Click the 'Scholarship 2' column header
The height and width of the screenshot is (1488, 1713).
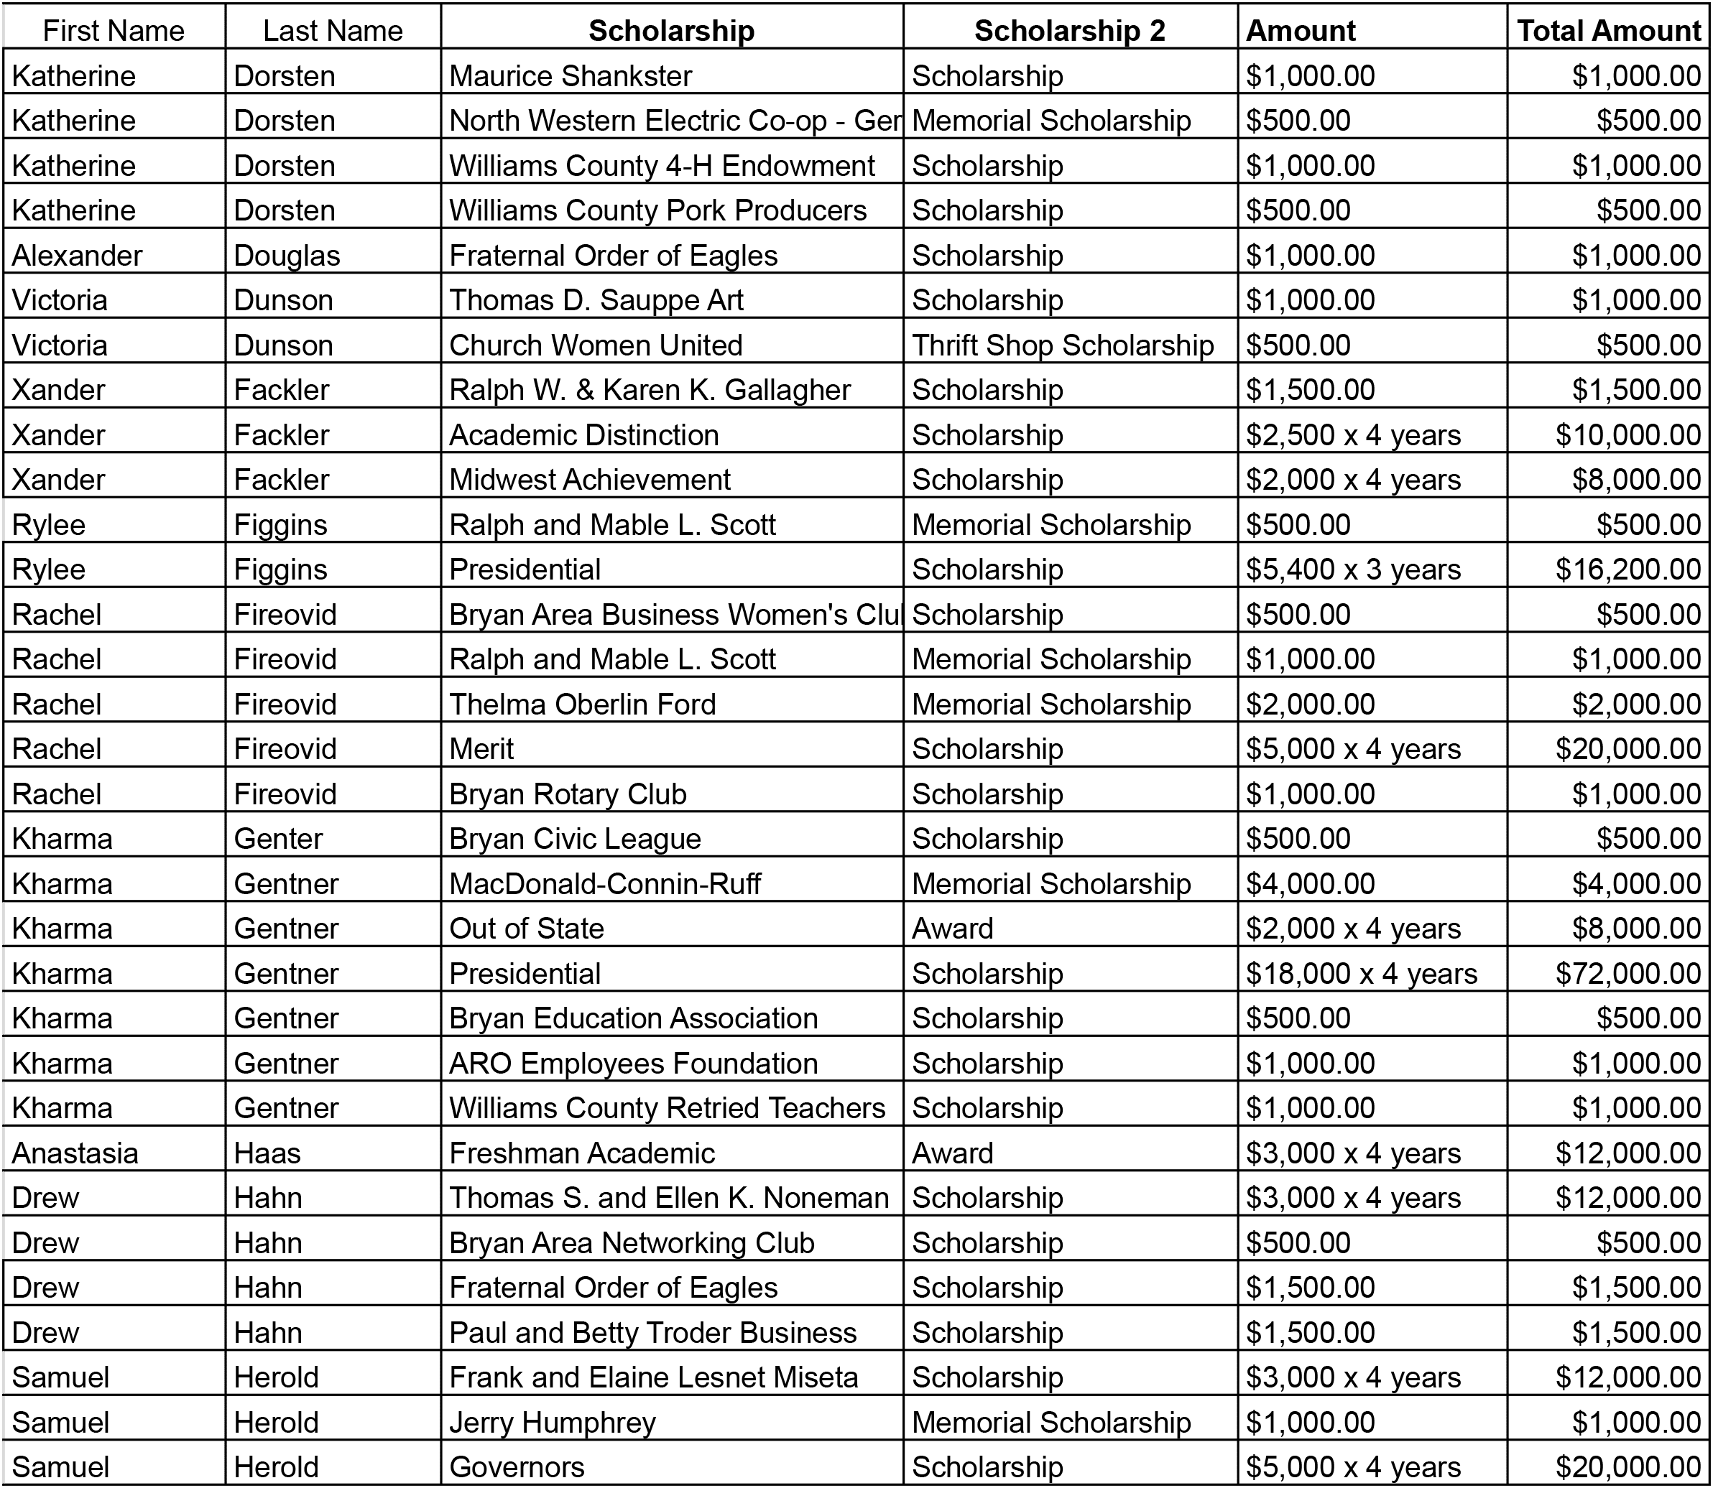point(1069,31)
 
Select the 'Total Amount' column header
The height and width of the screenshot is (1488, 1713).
point(1608,31)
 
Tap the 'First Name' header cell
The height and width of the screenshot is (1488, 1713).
point(114,31)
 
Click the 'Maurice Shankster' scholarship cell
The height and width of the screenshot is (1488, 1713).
point(571,75)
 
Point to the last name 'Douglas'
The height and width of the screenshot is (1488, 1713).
point(287,255)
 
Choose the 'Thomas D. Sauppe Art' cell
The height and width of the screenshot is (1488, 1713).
point(596,299)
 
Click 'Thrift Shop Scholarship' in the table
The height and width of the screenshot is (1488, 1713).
point(1063,345)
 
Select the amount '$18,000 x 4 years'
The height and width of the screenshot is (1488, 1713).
point(1361,973)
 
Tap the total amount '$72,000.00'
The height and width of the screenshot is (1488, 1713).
point(1627,973)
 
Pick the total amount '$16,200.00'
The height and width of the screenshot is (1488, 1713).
point(1627,569)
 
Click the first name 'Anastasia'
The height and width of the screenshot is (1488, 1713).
point(75,1153)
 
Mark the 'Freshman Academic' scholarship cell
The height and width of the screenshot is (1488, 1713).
point(581,1153)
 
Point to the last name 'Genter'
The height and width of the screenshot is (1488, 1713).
point(277,838)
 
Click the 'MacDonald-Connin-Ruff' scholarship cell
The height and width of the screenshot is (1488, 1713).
point(605,883)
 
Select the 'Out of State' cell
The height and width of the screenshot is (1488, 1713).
point(526,929)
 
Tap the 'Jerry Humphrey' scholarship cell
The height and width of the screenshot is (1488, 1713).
point(553,1423)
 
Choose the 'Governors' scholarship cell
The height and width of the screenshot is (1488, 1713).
point(517,1467)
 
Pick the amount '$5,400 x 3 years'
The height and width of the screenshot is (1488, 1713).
point(1352,569)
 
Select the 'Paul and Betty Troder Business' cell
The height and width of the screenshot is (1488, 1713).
point(652,1332)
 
